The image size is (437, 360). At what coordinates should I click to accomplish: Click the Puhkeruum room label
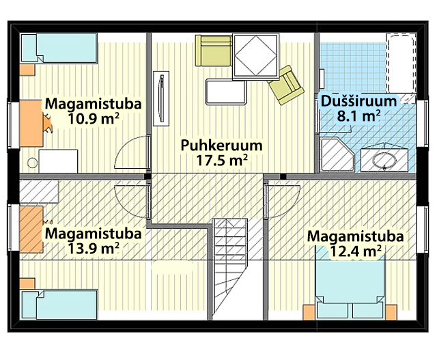[x=221, y=146]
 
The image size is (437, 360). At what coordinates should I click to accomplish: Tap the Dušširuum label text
[x=358, y=101]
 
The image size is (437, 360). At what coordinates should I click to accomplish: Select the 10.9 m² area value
[x=94, y=119]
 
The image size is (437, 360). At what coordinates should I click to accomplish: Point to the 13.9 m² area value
[x=94, y=248]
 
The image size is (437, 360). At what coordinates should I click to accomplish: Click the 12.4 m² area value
[x=355, y=251]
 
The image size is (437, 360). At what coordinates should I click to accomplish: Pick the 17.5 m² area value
[x=222, y=160]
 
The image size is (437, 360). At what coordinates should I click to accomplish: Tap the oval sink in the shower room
[x=384, y=161]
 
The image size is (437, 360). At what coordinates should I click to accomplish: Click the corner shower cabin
[x=337, y=154]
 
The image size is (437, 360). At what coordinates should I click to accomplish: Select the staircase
[x=230, y=269]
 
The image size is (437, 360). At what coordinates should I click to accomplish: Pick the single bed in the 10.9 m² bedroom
[x=59, y=48]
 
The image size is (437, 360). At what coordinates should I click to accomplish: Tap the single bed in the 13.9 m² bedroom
[x=59, y=305]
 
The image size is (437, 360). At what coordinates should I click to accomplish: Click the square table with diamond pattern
[x=256, y=56]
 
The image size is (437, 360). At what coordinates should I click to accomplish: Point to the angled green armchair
[x=286, y=85]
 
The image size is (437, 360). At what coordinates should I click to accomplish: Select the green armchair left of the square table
[x=214, y=51]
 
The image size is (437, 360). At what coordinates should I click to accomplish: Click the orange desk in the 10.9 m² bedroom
[x=31, y=123]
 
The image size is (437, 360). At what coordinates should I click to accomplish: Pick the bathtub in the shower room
[x=401, y=63]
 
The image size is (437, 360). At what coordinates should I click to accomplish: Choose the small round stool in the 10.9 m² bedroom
[x=32, y=163]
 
